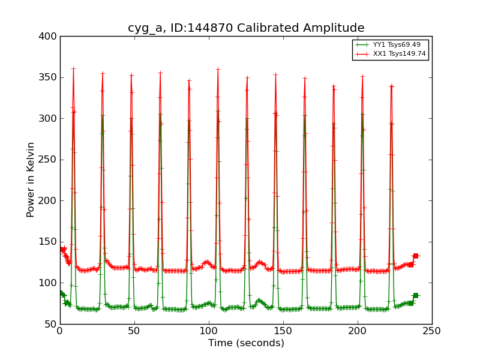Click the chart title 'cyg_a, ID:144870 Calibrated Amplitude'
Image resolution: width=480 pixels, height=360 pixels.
(x=246, y=28)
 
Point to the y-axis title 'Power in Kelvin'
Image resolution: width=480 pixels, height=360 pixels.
(x=31, y=179)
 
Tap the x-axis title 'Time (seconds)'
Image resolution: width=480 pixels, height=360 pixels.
(x=246, y=343)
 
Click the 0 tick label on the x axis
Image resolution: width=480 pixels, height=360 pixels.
(x=60, y=331)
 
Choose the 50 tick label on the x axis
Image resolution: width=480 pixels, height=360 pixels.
(x=134, y=331)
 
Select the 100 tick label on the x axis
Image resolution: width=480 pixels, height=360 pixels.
(x=209, y=331)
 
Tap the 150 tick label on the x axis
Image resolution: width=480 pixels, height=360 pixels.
(x=283, y=331)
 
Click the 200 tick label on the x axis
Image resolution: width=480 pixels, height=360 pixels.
(x=358, y=331)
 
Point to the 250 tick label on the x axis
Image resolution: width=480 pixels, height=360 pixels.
(x=432, y=331)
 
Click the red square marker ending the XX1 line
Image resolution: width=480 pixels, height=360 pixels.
(x=415, y=256)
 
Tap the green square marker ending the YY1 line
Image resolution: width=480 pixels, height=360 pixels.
(x=415, y=295)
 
